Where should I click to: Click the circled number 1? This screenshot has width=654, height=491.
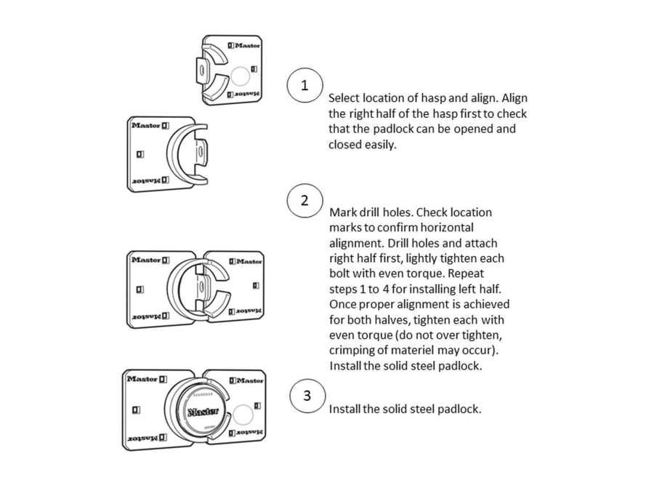click(304, 85)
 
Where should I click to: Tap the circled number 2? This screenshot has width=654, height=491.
click(304, 201)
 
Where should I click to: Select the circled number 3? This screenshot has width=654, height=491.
click(307, 396)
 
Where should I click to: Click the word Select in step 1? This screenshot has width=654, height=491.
click(344, 97)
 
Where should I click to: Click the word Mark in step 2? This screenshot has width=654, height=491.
click(343, 212)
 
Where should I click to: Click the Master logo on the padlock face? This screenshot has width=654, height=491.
click(203, 412)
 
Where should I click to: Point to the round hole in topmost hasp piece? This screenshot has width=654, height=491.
click(240, 75)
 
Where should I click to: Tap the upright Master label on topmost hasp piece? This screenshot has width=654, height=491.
click(244, 45)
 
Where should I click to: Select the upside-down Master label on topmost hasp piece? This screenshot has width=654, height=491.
click(243, 95)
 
